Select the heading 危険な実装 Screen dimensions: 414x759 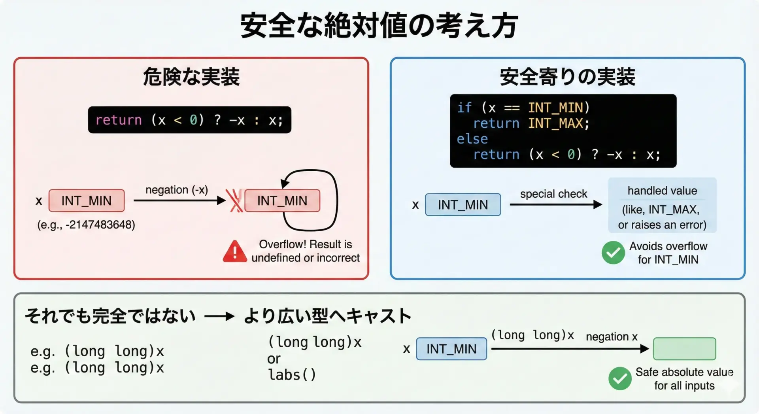191,77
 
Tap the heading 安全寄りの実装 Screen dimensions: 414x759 567,77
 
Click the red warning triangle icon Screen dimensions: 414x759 235,252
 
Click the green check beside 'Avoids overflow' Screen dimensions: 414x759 613,253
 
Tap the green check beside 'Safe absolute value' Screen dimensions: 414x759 620,378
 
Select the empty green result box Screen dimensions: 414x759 684,349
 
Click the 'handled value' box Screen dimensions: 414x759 662,205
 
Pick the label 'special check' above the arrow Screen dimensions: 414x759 553,194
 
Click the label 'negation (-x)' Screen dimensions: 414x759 177,190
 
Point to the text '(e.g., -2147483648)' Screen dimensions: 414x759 86,225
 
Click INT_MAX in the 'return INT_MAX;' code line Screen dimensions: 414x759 555,123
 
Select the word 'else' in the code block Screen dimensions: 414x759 472,139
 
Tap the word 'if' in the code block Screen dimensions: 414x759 464,108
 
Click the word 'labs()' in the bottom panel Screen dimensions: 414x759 292,374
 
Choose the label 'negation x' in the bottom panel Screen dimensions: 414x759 612,336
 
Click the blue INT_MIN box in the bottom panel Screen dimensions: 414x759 451,349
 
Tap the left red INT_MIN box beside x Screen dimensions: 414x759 87,201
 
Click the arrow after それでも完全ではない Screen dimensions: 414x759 219,316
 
